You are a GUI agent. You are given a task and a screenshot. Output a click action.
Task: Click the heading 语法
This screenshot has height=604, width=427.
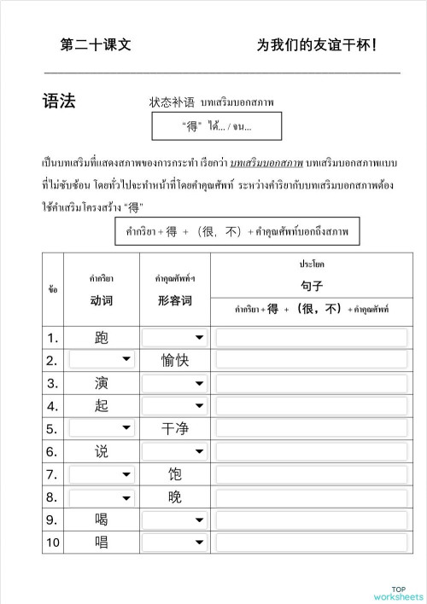tap(59, 102)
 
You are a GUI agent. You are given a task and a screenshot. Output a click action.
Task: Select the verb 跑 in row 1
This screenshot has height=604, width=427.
tap(102, 338)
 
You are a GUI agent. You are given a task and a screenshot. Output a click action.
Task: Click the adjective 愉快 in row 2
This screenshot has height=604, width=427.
tap(175, 361)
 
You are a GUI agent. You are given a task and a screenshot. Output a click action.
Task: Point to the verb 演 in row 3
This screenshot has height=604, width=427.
tap(102, 383)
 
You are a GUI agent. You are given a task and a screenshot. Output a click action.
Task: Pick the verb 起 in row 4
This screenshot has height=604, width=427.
tap(102, 406)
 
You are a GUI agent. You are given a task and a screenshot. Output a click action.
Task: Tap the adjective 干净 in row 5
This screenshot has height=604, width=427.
tap(175, 429)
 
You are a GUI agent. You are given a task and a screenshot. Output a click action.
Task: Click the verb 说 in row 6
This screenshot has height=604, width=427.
tap(102, 451)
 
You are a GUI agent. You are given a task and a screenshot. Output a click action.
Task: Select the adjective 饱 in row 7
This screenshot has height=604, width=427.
tap(175, 474)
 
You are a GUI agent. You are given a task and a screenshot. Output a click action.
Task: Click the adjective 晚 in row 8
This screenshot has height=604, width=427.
tap(175, 497)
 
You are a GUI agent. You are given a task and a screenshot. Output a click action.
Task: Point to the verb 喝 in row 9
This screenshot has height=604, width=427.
tap(102, 519)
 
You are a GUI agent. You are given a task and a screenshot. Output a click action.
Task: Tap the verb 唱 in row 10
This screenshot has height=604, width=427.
tap(102, 542)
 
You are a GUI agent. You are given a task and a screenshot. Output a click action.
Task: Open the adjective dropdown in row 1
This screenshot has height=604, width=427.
tap(175, 338)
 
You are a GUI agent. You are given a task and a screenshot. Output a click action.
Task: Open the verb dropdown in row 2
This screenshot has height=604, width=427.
tap(102, 361)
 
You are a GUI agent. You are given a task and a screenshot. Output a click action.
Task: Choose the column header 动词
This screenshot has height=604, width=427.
tap(102, 300)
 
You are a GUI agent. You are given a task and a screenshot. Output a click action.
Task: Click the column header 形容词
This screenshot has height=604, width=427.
tap(175, 300)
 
